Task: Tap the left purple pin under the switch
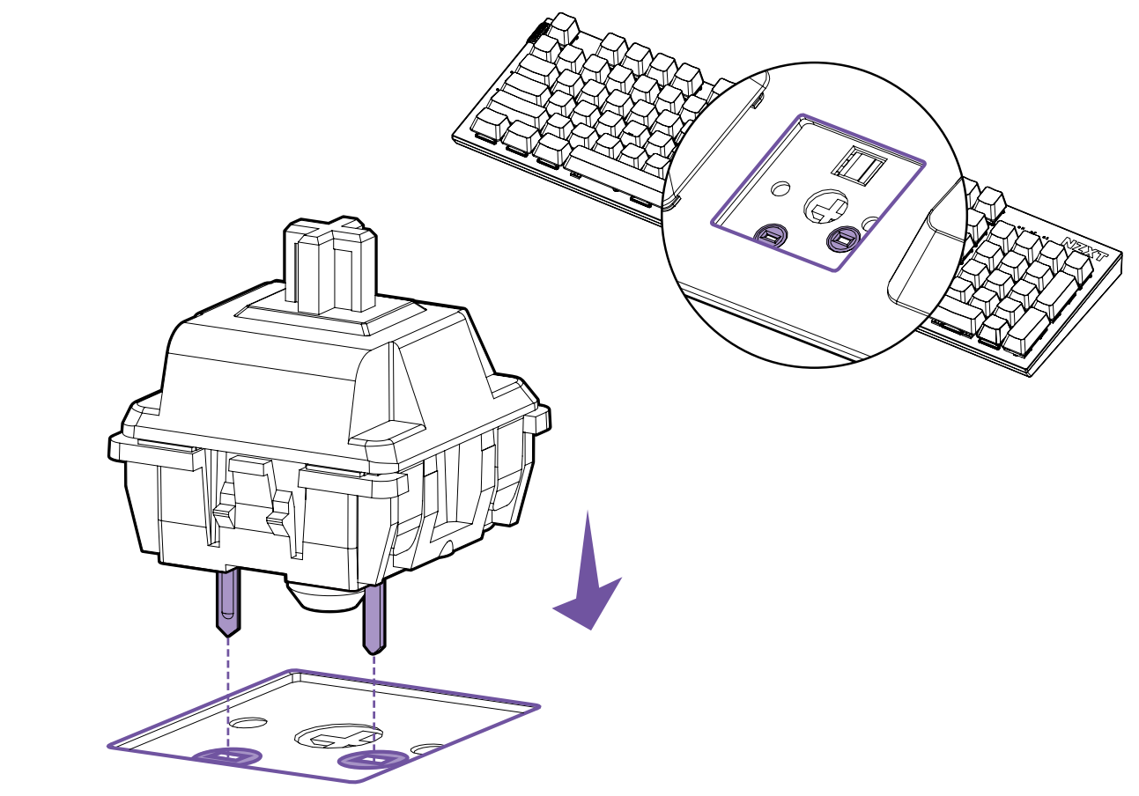click(x=228, y=602)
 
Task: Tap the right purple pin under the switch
click(x=374, y=617)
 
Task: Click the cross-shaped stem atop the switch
click(x=330, y=264)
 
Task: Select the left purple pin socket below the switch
click(x=228, y=757)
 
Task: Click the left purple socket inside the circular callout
click(x=772, y=235)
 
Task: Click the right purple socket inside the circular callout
click(x=843, y=238)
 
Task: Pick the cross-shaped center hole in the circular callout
click(x=825, y=206)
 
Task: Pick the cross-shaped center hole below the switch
click(x=338, y=736)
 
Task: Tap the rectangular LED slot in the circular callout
click(x=859, y=163)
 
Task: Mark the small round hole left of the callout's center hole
click(x=780, y=189)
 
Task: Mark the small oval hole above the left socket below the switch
click(x=248, y=722)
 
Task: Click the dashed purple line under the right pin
click(x=374, y=704)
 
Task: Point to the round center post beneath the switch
click(x=325, y=596)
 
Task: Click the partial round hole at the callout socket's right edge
click(x=871, y=223)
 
